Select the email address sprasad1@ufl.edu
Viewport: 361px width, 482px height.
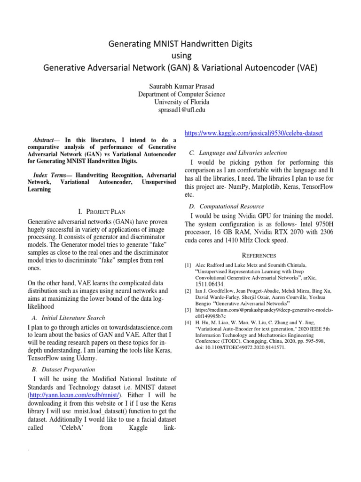tap(180, 110)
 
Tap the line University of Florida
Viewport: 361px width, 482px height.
tap(180, 102)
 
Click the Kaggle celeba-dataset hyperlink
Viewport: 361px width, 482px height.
tap(254, 133)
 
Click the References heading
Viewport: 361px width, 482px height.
tap(259, 255)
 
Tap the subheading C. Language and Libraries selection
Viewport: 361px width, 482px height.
tap(244, 153)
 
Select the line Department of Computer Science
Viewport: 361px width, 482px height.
tap(180, 94)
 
